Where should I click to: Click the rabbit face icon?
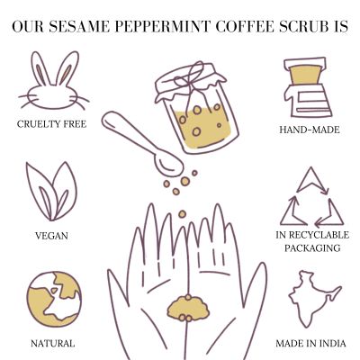coord(52,85)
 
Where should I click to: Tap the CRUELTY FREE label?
coord(52,123)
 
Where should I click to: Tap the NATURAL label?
coord(52,343)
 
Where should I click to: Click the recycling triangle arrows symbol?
coord(309,197)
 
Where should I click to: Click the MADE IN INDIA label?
coord(309,343)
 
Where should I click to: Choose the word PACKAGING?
coord(309,247)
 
